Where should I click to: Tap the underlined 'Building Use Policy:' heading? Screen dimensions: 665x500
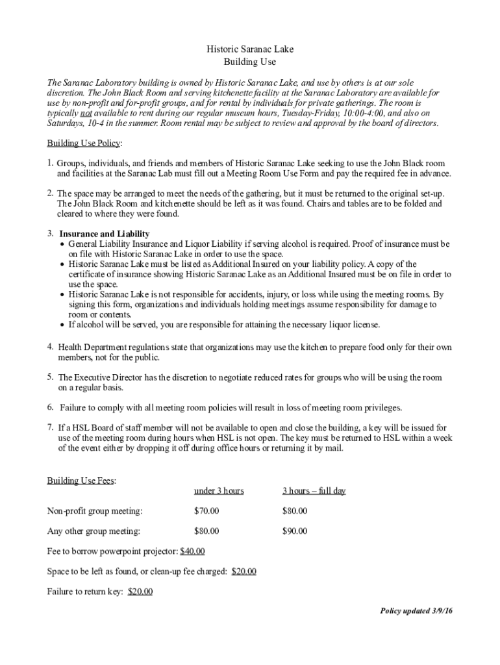click(x=85, y=143)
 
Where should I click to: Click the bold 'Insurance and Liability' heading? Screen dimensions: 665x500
click(x=105, y=234)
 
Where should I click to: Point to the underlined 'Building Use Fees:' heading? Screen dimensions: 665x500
click(x=82, y=481)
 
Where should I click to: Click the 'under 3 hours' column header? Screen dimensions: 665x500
click(x=219, y=491)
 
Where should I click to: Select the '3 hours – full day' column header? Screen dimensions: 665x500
click(x=314, y=491)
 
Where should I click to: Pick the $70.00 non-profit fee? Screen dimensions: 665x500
click(x=206, y=511)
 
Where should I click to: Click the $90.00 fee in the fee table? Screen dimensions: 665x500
click(x=295, y=531)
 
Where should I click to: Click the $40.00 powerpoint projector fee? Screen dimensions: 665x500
click(x=192, y=551)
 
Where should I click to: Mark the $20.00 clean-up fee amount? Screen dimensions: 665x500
click(x=244, y=571)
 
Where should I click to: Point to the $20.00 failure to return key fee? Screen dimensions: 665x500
click(x=140, y=592)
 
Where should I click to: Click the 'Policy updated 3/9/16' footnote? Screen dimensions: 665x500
click(x=416, y=612)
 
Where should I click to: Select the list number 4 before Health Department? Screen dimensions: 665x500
click(x=50, y=347)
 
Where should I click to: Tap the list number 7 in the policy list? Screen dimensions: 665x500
click(x=50, y=427)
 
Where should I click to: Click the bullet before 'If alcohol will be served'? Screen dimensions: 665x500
click(x=62, y=325)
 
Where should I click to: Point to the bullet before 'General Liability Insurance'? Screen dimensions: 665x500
click(x=62, y=244)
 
